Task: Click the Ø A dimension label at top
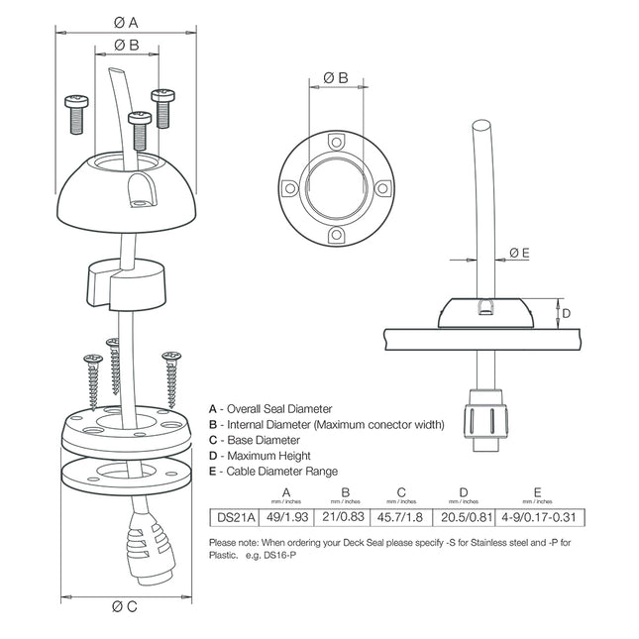pos(126,21)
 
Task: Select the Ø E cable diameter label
pos(519,253)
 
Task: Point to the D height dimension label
pos(566,313)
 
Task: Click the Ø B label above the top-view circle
pos(336,76)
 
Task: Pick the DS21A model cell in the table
pos(236,516)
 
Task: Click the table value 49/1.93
pos(287,516)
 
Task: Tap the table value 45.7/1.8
pos(403,516)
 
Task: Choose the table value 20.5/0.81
pos(464,516)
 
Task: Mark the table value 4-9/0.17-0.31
pos(538,516)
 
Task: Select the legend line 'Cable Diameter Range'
pos(272,472)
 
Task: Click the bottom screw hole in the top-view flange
pos(336,235)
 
